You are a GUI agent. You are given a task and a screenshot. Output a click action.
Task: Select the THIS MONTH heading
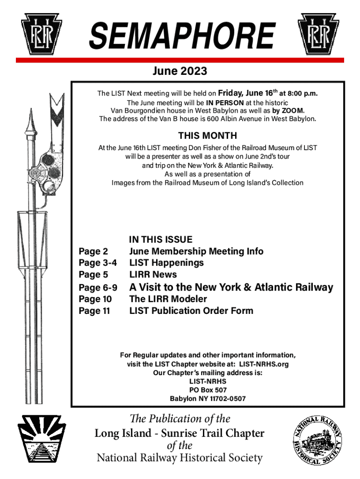(208, 136)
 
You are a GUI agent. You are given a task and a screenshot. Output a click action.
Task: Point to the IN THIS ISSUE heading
(160, 240)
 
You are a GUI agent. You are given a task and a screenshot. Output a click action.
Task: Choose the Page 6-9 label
(98, 287)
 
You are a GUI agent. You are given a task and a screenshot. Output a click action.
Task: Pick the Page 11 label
(95, 311)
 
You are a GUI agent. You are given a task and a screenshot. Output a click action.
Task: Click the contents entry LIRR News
(153, 275)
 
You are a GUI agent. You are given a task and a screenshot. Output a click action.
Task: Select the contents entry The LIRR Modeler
(168, 299)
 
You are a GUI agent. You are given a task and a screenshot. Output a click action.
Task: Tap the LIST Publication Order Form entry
(191, 311)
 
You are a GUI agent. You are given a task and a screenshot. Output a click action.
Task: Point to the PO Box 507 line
(208, 390)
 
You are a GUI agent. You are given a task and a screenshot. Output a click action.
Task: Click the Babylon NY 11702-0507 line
(208, 399)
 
